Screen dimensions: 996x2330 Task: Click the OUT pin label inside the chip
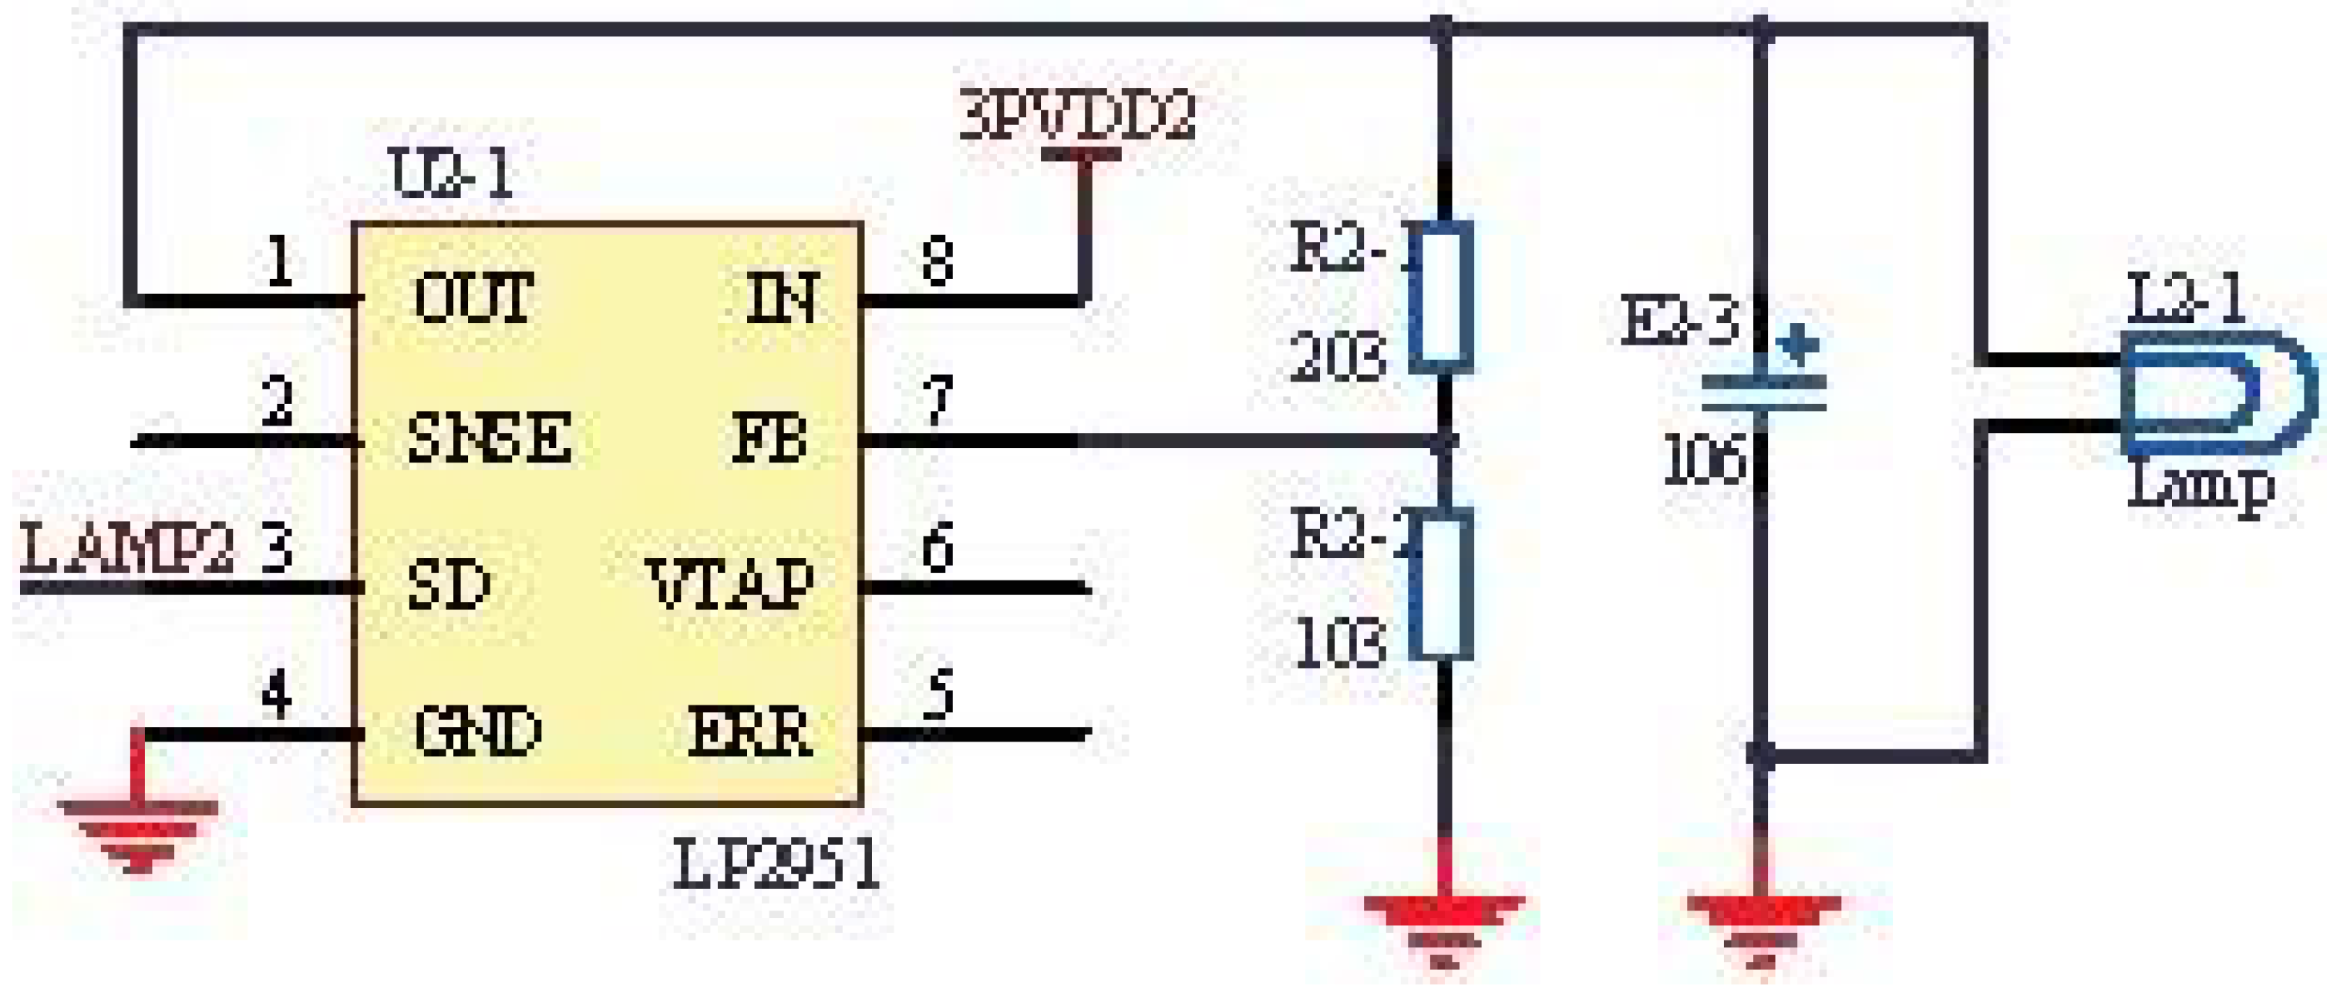(473, 298)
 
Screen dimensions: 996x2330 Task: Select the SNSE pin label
(488, 438)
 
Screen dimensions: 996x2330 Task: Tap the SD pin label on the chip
(449, 584)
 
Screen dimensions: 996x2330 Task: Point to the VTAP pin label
(731, 584)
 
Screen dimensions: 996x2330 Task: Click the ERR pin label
(749, 731)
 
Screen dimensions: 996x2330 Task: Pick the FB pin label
(769, 438)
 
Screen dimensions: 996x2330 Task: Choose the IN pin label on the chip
(783, 298)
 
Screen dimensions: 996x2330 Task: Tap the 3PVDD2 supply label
(1076, 116)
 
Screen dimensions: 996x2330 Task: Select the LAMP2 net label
(126, 550)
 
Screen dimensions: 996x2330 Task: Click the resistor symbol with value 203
(1442, 297)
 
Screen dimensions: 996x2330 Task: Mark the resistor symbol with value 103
(1442, 584)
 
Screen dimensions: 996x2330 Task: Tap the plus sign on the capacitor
(1796, 345)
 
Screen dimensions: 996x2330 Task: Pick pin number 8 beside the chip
(937, 262)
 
